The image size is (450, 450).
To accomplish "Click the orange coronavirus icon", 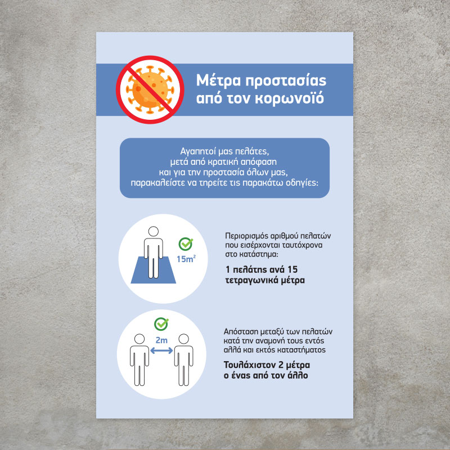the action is [x=150, y=89].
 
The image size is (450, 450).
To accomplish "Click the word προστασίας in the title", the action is [x=286, y=81].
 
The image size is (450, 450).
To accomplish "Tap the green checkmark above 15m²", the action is [x=186, y=244].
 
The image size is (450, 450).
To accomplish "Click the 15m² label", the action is [x=186, y=259].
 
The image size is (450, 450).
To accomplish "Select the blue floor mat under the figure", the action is [x=153, y=270].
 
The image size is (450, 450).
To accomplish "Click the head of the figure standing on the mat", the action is [x=154, y=231].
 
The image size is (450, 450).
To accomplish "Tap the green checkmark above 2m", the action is [x=161, y=324].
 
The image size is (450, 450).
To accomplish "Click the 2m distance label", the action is [x=161, y=340].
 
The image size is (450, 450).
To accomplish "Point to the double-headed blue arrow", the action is [x=161, y=350].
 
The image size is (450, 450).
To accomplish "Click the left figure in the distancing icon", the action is [x=139, y=360].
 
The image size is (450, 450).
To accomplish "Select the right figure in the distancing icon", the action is [x=184, y=360].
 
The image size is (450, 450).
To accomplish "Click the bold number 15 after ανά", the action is [x=292, y=269].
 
